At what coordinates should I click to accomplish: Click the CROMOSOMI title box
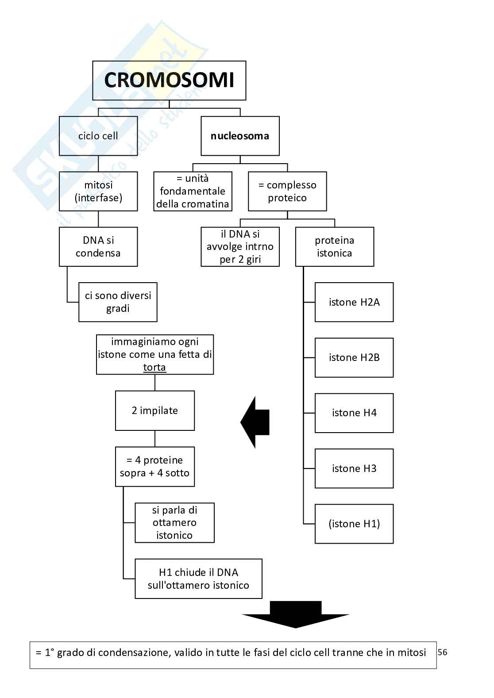pyautogui.click(x=169, y=81)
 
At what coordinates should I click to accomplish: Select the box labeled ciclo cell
pyautogui.click(x=98, y=136)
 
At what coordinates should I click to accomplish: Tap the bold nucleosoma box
pyautogui.click(x=240, y=136)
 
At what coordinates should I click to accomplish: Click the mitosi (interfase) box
pyautogui.click(x=98, y=191)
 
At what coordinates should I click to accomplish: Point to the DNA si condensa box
pyautogui.click(x=98, y=247)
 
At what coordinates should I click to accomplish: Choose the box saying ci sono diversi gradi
pyautogui.click(x=118, y=302)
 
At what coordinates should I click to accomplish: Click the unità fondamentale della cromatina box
pyautogui.click(x=193, y=191)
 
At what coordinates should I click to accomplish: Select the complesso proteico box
pyautogui.click(x=287, y=191)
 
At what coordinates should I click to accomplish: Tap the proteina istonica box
pyautogui.click(x=335, y=247)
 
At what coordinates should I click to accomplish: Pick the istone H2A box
pyautogui.click(x=354, y=302)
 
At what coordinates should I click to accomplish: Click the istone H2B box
pyautogui.click(x=354, y=357)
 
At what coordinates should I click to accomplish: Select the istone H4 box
pyautogui.click(x=354, y=413)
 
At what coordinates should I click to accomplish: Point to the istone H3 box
pyautogui.click(x=354, y=468)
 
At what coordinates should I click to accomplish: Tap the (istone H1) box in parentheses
pyautogui.click(x=354, y=524)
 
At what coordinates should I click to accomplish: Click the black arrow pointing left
pyautogui.click(x=255, y=422)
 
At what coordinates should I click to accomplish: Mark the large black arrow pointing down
pyautogui.click(x=296, y=614)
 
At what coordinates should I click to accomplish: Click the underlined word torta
pyautogui.click(x=154, y=368)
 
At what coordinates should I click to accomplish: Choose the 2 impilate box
pyautogui.click(x=155, y=410)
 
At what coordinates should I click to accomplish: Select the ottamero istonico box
pyautogui.click(x=174, y=522)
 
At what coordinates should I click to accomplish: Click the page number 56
pyautogui.click(x=442, y=652)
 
